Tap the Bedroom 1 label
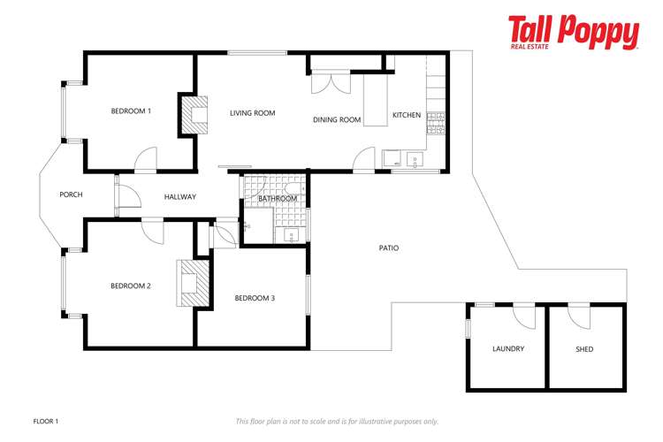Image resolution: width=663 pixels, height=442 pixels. (x=131, y=111)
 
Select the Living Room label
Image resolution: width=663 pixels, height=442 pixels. (x=252, y=113)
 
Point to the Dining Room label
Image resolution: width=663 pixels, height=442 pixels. (x=337, y=119)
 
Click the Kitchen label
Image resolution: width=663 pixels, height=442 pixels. (x=407, y=115)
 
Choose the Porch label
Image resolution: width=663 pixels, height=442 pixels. (x=71, y=194)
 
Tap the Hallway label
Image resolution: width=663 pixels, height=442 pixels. (x=180, y=196)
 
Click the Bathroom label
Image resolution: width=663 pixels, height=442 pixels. (x=278, y=199)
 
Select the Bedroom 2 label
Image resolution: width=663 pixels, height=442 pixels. (x=131, y=286)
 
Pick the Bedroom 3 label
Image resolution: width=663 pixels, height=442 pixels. (x=255, y=298)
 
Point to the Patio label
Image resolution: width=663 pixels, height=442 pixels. (x=388, y=248)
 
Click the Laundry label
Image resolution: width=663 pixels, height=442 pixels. (x=508, y=348)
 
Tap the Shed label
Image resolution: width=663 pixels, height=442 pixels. (x=584, y=349)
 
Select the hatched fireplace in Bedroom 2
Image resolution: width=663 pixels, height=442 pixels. (x=192, y=283)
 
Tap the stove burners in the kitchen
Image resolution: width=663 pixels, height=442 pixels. (x=436, y=117)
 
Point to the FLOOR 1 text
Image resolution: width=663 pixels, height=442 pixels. (x=45, y=422)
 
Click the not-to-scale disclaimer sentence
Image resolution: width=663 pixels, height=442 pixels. (x=337, y=422)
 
